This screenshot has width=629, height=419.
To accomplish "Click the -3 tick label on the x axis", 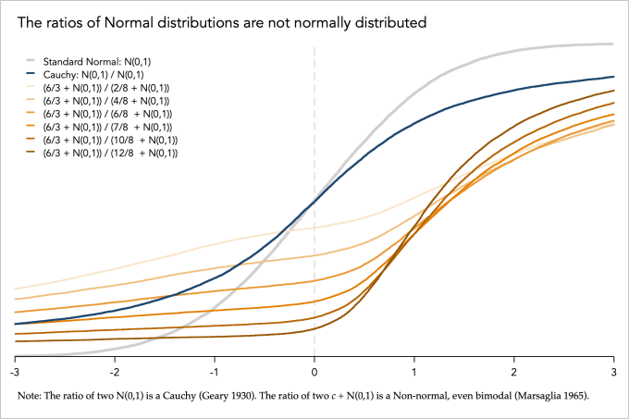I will pos(15,371).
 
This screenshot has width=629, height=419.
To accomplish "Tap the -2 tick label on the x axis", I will pos(115,371).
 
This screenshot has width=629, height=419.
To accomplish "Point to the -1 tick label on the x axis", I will pos(215,371).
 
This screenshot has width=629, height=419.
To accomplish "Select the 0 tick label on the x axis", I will pos(314,371).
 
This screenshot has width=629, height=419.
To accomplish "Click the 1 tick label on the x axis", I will pos(414,371).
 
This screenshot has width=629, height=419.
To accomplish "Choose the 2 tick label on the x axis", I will pos(514,371).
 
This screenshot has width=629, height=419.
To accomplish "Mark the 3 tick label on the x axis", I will pos(613,371).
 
